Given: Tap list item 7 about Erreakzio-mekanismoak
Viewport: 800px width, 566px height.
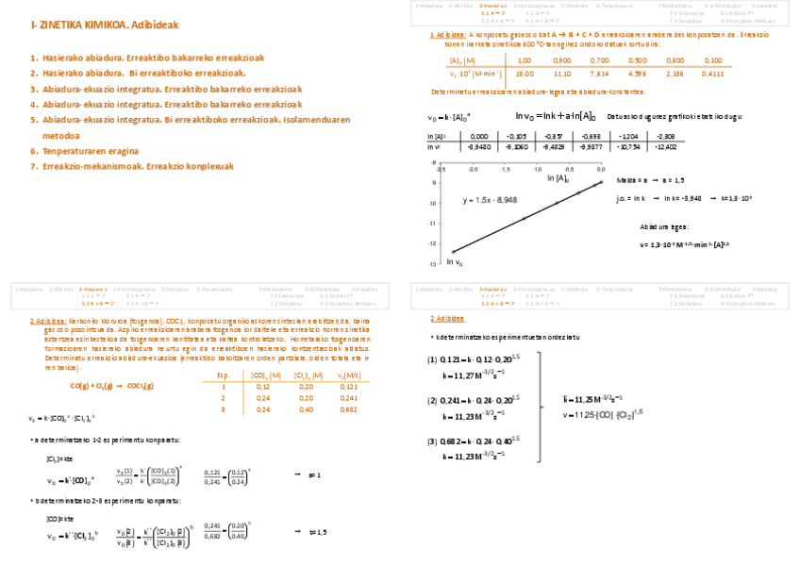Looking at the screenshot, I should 138,166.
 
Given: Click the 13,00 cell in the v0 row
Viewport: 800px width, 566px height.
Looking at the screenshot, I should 525,73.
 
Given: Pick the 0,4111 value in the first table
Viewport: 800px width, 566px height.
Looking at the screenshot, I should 713,73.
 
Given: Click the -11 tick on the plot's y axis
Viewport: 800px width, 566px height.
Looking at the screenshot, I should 432,224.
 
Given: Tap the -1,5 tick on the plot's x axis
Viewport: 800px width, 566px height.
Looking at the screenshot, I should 506,170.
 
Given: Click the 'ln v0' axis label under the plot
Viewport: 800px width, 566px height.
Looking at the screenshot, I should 455,262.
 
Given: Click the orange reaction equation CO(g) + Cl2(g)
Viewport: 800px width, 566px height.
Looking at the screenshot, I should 111,386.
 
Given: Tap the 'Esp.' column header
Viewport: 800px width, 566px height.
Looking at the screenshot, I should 224,375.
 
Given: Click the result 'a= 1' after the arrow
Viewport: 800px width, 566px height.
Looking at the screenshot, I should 315,474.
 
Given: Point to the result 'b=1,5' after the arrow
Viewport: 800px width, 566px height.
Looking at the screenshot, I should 318,532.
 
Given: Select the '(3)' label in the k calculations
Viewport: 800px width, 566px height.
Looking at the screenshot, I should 432,441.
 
